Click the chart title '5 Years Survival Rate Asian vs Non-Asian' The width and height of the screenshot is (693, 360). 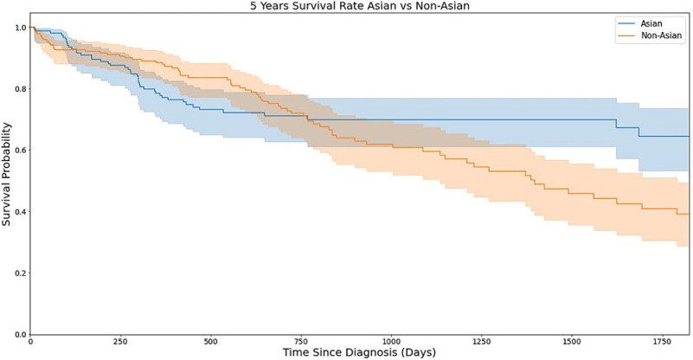pyautogui.click(x=361, y=6)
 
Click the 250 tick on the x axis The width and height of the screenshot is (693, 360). pyautogui.click(x=120, y=342)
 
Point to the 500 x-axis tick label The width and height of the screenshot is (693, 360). pyautogui.click(x=210, y=342)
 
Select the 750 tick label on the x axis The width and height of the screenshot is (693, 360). pyautogui.click(x=300, y=342)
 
